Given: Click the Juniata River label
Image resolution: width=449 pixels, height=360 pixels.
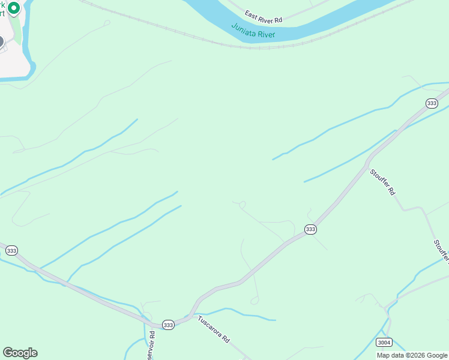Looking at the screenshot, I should pyautogui.click(x=253, y=31).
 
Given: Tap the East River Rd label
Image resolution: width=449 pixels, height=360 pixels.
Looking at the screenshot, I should pyautogui.click(x=263, y=16).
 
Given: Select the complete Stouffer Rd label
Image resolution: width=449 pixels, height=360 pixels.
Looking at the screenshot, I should pyautogui.click(x=382, y=182).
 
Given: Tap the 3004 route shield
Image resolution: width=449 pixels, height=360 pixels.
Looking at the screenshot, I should pyautogui.click(x=384, y=343).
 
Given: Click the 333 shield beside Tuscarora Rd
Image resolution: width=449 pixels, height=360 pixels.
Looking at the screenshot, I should pyautogui.click(x=168, y=325).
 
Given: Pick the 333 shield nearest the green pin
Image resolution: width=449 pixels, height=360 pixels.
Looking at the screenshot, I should pyautogui.click(x=11, y=250).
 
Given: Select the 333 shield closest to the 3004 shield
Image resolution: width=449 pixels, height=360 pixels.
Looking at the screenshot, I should pyautogui.click(x=310, y=229).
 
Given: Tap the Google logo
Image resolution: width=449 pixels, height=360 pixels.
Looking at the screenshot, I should pyautogui.click(x=20, y=353).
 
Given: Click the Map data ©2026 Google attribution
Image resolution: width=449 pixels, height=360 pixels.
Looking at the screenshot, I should pyautogui.click(x=412, y=355).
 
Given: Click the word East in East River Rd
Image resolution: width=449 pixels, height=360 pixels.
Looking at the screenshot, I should pyautogui.click(x=251, y=13).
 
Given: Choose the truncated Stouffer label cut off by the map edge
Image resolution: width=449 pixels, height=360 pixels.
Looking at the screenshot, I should pyautogui.click(x=442, y=251).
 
